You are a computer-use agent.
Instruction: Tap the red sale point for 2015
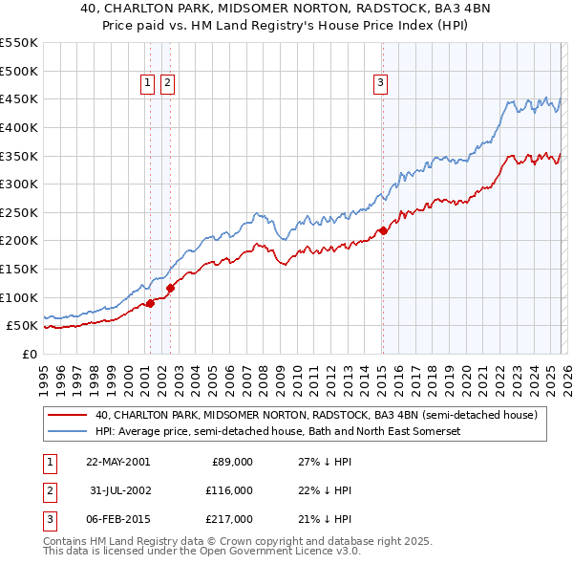pos(383,230)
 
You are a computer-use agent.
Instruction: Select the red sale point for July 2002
pos(171,287)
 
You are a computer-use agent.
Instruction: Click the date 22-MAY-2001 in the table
pos(117,462)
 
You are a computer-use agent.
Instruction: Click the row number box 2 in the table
pos(49,490)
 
